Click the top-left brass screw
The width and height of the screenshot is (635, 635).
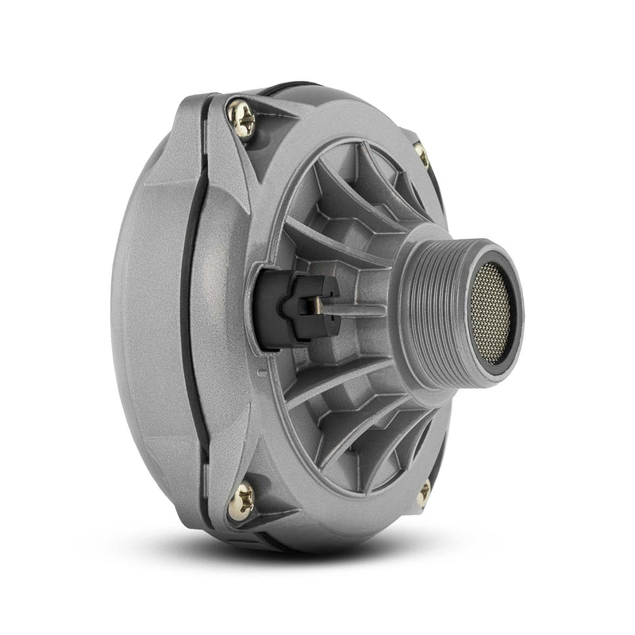point(241,118)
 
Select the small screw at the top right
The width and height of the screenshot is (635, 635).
point(421,155)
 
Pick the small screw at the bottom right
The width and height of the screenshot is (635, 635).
point(424,491)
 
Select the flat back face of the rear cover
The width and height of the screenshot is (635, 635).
point(147,317)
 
